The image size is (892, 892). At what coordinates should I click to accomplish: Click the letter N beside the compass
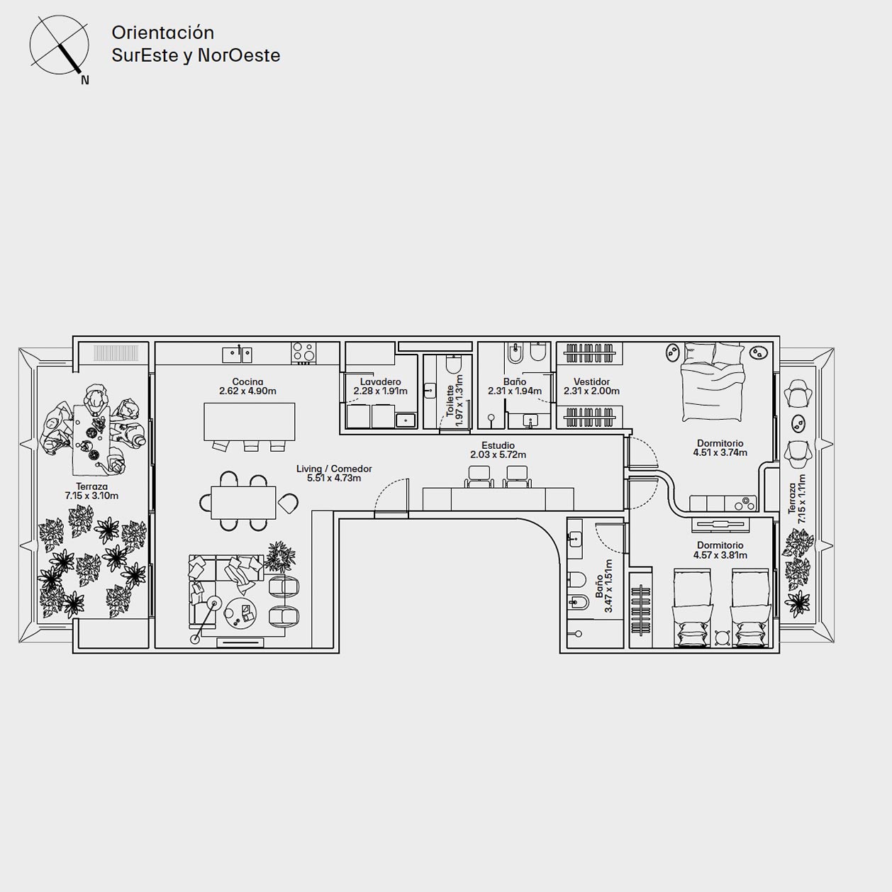tap(84, 81)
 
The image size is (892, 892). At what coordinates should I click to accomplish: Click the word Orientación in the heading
tap(163, 33)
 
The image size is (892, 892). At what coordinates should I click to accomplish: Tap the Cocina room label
tap(247, 382)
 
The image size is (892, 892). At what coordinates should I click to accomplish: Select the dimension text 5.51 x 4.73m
tap(334, 478)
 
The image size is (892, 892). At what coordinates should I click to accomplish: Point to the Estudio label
tap(498, 446)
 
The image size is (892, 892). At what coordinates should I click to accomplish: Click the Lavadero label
tap(381, 382)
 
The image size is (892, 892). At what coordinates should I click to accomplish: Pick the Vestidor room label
tap(591, 382)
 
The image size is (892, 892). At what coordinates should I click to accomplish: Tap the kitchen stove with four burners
tap(303, 352)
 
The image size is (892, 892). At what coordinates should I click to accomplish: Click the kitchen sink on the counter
tap(237, 355)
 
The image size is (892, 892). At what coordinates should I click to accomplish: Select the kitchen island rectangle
tap(249, 421)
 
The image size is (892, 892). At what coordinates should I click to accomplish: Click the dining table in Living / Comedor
tap(243, 502)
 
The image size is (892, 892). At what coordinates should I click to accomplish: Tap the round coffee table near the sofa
tap(240, 613)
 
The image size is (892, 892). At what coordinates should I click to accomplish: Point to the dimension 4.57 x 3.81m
tap(720, 555)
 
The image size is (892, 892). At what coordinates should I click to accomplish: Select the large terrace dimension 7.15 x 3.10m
tap(91, 496)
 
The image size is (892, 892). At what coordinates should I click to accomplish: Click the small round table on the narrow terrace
tap(798, 423)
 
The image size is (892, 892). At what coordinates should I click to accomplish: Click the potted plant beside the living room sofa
tap(281, 557)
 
